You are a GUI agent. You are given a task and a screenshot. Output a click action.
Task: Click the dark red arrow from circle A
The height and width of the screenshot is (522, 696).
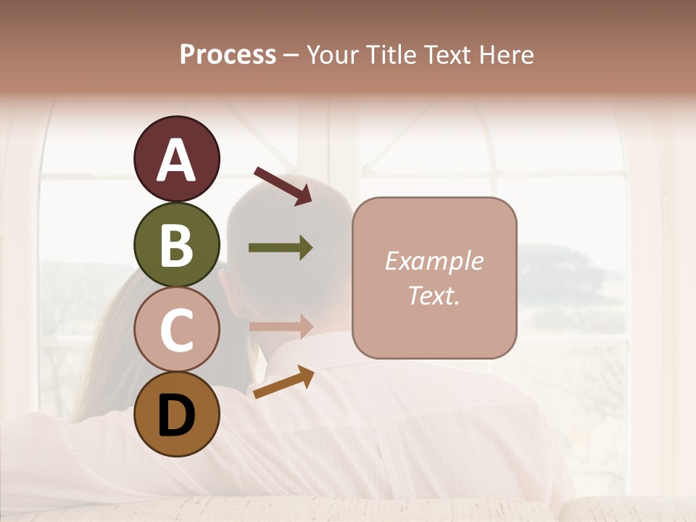click(283, 186)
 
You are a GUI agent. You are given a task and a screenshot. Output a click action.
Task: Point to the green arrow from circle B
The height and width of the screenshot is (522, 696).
click(281, 248)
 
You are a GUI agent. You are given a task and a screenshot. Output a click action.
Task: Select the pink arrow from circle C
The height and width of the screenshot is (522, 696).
click(281, 326)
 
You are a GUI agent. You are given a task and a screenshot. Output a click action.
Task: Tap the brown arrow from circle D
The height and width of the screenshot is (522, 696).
click(283, 382)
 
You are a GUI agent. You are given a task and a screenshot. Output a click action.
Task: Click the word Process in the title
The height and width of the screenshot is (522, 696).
click(228, 54)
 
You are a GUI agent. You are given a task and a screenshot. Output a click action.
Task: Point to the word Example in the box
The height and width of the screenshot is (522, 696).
click(434, 261)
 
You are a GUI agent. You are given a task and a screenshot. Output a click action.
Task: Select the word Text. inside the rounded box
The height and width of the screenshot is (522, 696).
click(434, 295)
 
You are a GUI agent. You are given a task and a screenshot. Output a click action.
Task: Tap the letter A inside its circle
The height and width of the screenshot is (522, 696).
click(176, 161)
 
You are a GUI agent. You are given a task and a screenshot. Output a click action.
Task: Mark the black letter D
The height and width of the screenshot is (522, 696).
click(176, 416)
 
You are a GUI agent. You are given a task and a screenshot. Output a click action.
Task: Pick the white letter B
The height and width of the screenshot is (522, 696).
click(176, 245)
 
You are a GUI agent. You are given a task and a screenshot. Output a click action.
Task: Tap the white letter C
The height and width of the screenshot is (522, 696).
click(176, 331)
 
